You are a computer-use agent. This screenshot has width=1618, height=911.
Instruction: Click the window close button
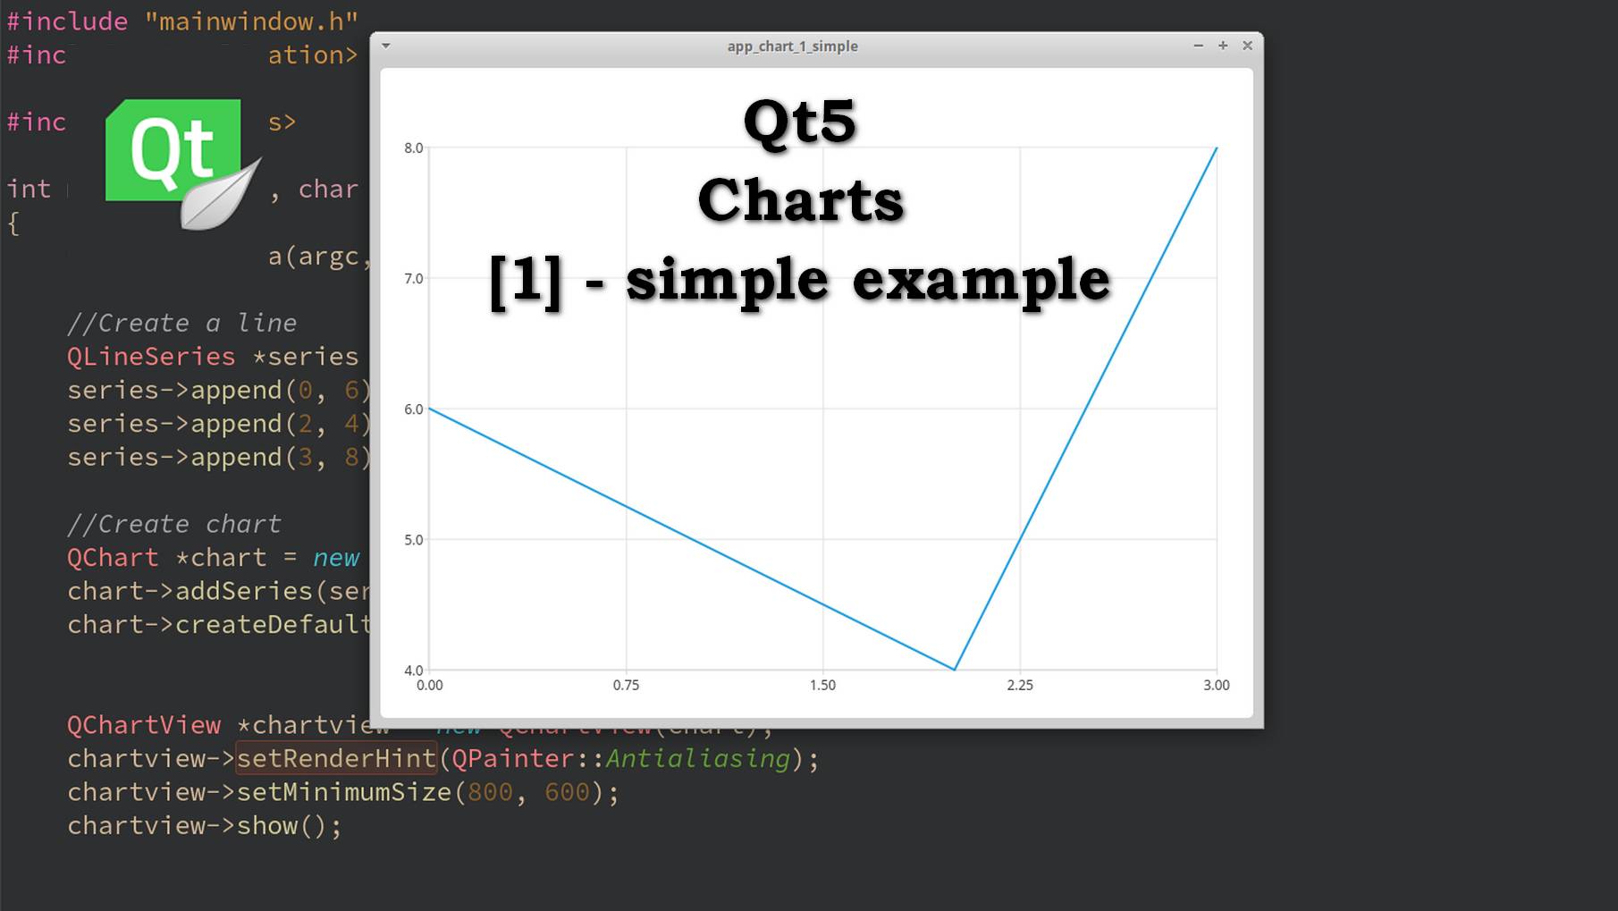(1247, 46)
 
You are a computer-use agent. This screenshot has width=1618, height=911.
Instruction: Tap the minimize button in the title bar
(1198, 46)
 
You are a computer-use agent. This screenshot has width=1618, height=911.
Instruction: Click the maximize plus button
(1223, 46)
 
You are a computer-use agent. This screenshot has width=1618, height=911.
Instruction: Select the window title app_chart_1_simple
(792, 46)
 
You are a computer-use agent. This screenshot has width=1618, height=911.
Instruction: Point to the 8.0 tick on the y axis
(414, 148)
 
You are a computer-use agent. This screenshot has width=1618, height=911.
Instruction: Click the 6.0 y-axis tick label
(414, 409)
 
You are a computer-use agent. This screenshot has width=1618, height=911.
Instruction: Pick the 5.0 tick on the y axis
(414, 540)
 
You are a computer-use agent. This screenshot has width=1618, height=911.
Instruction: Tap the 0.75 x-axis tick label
(626, 686)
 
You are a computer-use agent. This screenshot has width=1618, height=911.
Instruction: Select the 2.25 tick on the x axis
(1020, 686)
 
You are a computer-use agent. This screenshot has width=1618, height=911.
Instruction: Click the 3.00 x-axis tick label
(1216, 686)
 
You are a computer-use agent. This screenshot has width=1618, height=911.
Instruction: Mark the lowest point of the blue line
(955, 669)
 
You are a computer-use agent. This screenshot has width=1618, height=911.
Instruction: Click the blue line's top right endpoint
(1217, 148)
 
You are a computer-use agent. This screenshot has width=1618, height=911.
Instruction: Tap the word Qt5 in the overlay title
(799, 122)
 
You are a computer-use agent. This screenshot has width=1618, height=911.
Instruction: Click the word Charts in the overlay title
(800, 200)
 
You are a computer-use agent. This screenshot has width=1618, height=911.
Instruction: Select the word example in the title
(981, 281)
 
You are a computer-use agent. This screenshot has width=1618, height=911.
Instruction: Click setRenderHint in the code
(336, 759)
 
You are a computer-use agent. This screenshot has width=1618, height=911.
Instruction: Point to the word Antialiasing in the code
(698, 759)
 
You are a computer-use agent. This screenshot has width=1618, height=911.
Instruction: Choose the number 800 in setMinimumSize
(491, 793)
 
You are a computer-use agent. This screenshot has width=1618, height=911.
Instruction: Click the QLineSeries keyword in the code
(151, 357)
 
